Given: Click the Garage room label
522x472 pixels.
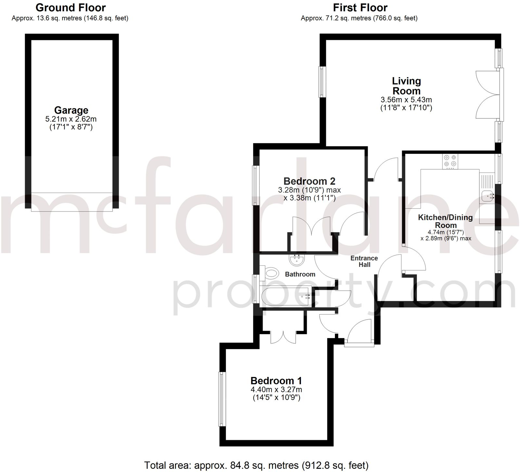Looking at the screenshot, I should [71, 110].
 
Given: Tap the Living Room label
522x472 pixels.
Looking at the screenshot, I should [406, 86].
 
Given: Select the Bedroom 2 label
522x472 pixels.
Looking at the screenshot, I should [309, 181].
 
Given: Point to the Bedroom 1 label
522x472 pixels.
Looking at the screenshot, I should [276, 381].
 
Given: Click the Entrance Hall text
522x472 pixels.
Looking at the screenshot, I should [364, 261].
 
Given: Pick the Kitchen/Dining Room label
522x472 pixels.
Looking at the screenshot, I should [445, 221].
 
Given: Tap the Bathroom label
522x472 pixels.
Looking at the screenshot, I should [300, 274].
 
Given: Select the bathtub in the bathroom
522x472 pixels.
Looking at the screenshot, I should [285, 296].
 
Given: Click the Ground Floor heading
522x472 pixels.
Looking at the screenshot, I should [70, 7].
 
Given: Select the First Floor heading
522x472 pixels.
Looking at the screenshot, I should [360, 7].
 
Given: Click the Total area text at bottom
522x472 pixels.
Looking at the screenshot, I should [256, 466].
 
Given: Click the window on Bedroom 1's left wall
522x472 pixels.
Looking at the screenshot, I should [222, 399].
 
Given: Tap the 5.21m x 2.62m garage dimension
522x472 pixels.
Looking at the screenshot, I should [71, 119].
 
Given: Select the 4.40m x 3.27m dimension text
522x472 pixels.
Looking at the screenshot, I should [276, 390].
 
